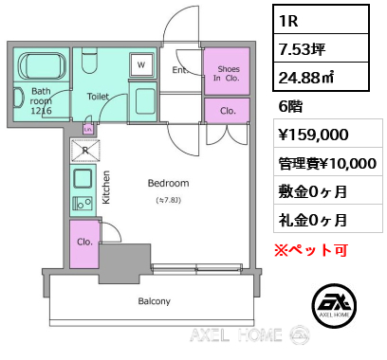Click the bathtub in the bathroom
pos(43,65)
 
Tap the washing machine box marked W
pos(141,64)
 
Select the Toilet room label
pos(98,97)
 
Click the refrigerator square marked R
pos(85,151)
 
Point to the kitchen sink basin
pos(83,179)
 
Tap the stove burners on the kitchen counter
pos(83,203)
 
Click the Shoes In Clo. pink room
pos(227,71)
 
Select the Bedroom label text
pos(169,183)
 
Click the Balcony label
pos(155,301)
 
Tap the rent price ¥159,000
pos(313,135)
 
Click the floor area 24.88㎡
pos(306,77)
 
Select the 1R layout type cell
pos(321,20)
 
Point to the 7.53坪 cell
pos(321,48)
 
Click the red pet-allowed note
pos(311,250)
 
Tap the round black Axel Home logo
pos(334,305)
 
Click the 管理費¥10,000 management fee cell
pos(328,162)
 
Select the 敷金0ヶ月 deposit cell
pos(328,190)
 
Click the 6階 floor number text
pos(290,106)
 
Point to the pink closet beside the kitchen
pos(84,244)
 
